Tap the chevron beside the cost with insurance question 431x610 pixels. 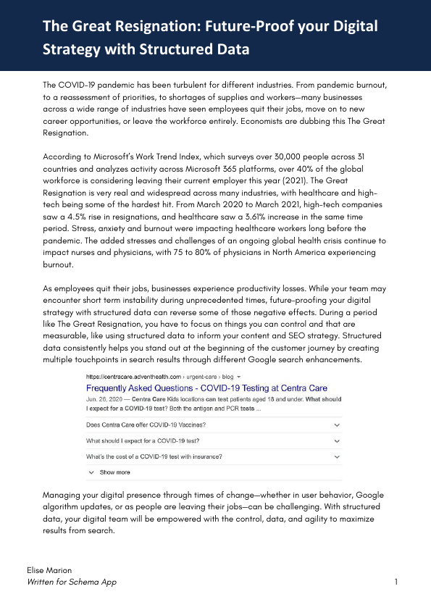pos(337,456)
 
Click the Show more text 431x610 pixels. pos(115,472)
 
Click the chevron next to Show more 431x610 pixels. pos(91,472)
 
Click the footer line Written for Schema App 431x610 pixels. pos(71,582)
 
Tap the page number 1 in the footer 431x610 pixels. pos(396,582)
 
